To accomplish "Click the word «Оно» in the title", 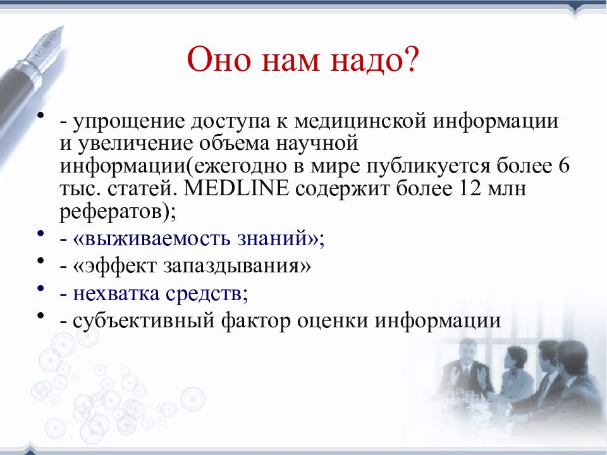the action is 219,59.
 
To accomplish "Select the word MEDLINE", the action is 236,188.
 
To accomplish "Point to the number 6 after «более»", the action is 564,166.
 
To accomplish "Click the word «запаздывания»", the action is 231,267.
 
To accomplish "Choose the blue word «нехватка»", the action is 116,294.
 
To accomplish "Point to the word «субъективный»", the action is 144,321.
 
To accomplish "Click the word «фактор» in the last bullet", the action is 256,321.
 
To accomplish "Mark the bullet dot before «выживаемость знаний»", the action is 40,233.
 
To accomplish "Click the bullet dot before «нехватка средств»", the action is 40,288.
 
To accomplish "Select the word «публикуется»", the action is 428,166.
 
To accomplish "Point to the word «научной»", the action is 317,143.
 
